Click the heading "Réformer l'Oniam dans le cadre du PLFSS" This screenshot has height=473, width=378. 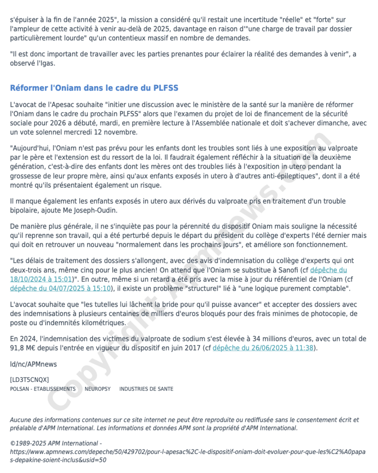pyautogui.click(x=94, y=88)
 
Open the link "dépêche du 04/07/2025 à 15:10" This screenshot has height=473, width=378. pyautogui.click(x=61, y=288)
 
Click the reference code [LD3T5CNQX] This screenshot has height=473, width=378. pyautogui.click(x=29, y=380)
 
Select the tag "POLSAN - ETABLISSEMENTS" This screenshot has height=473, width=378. pyautogui.click(x=43, y=389)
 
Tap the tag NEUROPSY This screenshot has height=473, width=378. pyautogui.click(x=98, y=389)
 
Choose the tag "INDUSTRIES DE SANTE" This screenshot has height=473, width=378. pyautogui.click(x=146, y=389)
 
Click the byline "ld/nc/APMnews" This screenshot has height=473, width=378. pyautogui.click(x=33, y=364)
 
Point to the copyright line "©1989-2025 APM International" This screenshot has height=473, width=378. pyautogui.click(x=56, y=443)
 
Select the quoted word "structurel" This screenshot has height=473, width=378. pyautogui.click(x=199, y=288)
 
